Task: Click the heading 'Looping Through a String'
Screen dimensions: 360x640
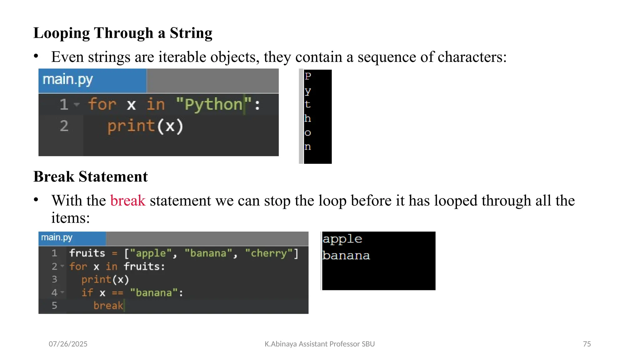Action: [x=123, y=33]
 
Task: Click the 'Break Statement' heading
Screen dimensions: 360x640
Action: [x=90, y=177]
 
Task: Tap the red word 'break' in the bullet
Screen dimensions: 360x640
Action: [x=128, y=201]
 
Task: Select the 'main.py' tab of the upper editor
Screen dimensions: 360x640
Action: [x=68, y=80]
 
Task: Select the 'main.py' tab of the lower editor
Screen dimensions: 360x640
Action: [x=57, y=238]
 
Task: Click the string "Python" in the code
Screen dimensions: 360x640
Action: [x=213, y=104]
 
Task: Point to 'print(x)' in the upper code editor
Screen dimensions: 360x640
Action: [x=145, y=126]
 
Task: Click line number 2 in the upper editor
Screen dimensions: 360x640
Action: [x=64, y=126]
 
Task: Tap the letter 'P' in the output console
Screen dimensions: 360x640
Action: [x=308, y=76]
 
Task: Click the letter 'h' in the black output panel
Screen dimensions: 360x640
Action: [x=307, y=118]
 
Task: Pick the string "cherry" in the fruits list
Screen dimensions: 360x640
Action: [x=269, y=253]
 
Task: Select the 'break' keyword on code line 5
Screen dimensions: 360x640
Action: [x=108, y=306]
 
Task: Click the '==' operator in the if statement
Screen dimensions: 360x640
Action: [x=117, y=293]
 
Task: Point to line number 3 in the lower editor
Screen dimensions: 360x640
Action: [x=54, y=279]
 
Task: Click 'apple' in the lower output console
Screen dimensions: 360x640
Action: [x=342, y=239]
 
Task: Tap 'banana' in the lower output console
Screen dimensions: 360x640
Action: [x=346, y=256]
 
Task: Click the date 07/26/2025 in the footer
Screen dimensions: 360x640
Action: [x=68, y=344]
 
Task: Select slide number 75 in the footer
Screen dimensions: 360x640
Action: [x=587, y=344]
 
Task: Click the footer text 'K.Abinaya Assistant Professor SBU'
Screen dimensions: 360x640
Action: [x=320, y=344]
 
